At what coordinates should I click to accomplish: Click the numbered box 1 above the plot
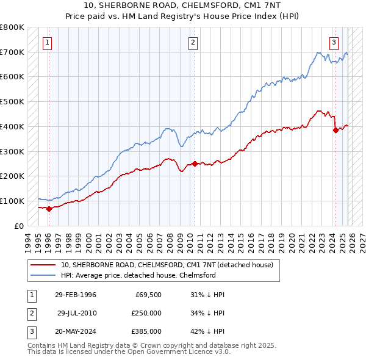tap(48, 43)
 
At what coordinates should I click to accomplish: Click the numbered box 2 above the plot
tap(193, 43)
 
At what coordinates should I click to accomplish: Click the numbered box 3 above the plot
tap(334, 43)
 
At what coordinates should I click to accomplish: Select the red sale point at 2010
tap(195, 164)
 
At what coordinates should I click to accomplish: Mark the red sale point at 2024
tap(335, 129)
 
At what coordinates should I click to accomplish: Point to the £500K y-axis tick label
tap(12, 101)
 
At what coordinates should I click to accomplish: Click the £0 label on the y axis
tap(19, 226)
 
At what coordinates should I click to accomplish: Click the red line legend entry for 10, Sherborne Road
tap(170, 265)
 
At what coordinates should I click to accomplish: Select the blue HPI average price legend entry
tap(138, 275)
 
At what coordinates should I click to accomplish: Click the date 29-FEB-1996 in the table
tap(75, 295)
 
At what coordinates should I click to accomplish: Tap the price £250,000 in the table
tap(146, 313)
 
